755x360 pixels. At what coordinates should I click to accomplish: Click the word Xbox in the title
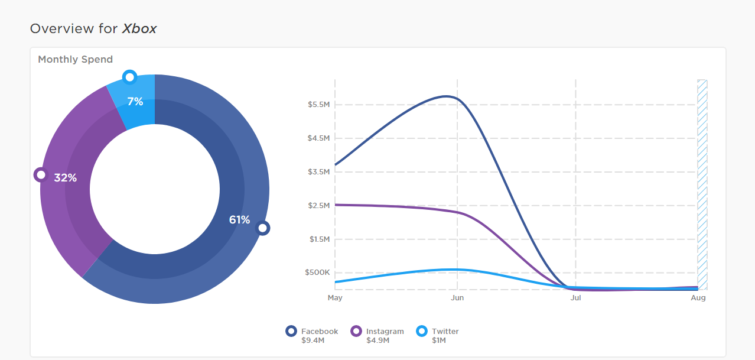pyautogui.click(x=139, y=28)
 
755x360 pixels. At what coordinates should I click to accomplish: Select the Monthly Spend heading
pyautogui.click(x=75, y=59)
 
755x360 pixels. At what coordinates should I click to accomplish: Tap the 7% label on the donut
pyautogui.click(x=135, y=102)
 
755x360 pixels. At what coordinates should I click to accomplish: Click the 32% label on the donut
pyautogui.click(x=66, y=177)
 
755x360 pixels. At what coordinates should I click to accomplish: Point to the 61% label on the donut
pyautogui.click(x=239, y=220)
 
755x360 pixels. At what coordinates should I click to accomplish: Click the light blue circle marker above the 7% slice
pyautogui.click(x=129, y=77)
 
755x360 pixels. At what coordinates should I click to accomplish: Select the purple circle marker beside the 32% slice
pyautogui.click(x=40, y=174)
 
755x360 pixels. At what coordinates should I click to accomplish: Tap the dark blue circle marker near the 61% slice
pyautogui.click(x=263, y=228)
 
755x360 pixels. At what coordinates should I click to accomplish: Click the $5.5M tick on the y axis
pyautogui.click(x=318, y=105)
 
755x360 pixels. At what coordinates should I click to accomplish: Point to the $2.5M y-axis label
pyautogui.click(x=318, y=205)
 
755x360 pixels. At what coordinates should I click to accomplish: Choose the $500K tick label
pyautogui.click(x=317, y=273)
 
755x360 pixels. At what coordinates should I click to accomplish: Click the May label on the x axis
pyautogui.click(x=335, y=298)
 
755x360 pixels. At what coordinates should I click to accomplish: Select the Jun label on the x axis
pyautogui.click(x=457, y=298)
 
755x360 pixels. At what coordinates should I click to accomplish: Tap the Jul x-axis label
pyautogui.click(x=575, y=298)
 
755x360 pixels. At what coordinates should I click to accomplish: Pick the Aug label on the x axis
pyautogui.click(x=698, y=298)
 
